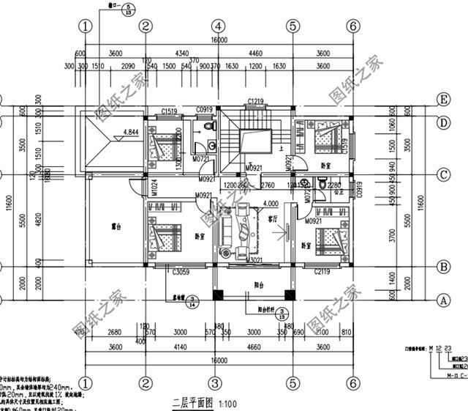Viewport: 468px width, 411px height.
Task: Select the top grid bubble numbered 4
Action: [218, 26]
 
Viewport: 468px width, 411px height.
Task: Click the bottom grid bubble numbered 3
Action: [215, 382]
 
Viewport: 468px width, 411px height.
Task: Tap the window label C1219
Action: [255, 101]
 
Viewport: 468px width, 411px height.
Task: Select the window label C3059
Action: [182, 273]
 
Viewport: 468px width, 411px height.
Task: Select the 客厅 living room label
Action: [273, 218]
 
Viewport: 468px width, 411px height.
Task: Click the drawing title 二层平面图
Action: [192, 403]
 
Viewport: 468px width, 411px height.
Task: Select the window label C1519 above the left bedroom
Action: [170, 111]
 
